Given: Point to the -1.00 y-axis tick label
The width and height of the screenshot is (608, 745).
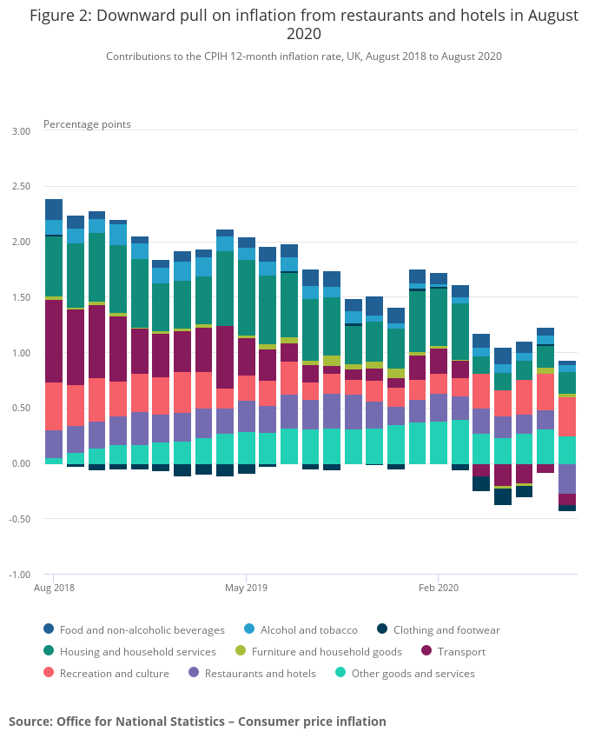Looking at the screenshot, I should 18,575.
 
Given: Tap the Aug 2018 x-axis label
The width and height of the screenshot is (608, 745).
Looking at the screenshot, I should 53,589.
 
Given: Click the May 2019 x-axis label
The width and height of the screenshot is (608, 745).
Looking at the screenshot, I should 246,589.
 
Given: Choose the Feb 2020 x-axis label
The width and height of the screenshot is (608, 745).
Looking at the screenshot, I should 438,589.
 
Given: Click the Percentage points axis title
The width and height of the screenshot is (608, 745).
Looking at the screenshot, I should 87,124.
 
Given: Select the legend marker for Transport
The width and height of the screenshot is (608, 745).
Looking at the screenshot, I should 426,651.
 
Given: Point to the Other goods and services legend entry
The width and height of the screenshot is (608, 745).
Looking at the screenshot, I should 413,673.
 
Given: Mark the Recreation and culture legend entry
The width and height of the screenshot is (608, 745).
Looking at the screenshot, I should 114,673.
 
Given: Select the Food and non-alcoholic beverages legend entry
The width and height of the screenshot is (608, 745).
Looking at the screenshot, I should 142,629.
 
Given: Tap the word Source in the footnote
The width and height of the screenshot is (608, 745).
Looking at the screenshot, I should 30,722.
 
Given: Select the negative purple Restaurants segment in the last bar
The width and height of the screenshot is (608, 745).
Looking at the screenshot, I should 567,478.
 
